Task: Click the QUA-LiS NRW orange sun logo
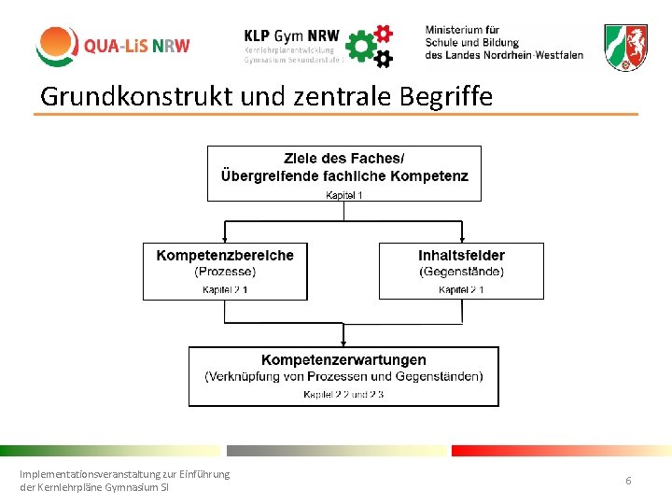click(57, 46)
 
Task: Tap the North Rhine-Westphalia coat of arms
click(624, 48)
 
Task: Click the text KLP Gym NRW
click(290, 34)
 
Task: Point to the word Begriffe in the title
click(439, 95)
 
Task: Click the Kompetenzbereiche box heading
click(225, 255)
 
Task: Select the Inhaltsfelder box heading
click(461, 255)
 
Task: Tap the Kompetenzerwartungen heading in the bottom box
click(343, 359)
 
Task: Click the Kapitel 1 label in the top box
click(344, 194)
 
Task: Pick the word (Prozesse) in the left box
click(225, 272)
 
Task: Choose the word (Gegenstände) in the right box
click(461, 272)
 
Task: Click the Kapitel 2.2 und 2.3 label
click(343, 395)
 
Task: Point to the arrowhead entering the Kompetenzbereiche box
click(225, 239)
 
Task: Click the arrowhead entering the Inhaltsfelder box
click(462, 239)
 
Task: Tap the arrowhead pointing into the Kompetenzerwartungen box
click(343, 343)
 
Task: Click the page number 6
click(628, 481)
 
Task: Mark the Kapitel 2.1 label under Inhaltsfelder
click(461, 290)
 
